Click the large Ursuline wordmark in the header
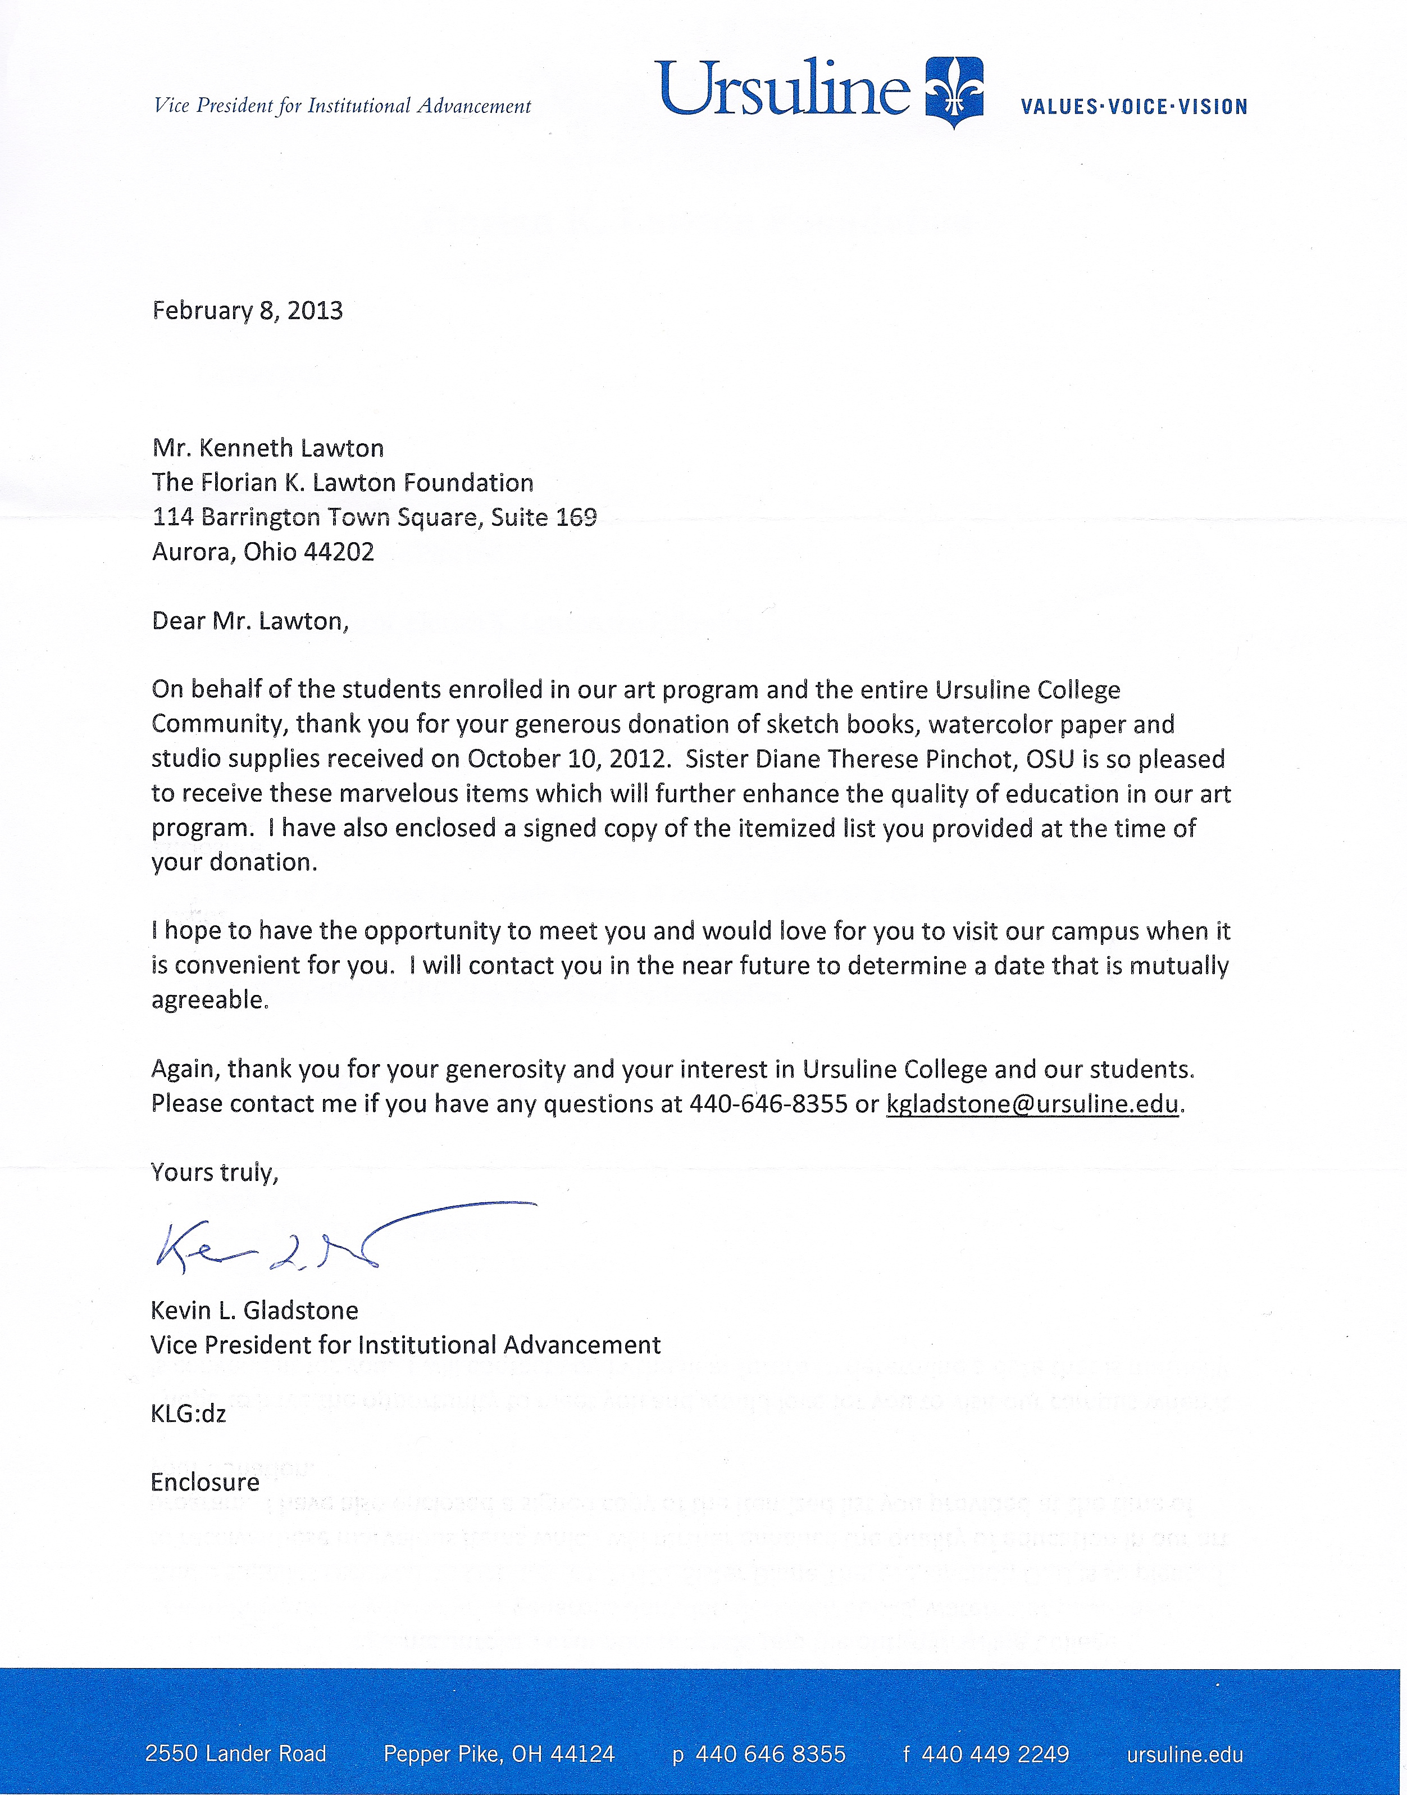pos(782,88)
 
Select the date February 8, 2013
pos(247,311)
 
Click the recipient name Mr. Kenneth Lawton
pos(268,448)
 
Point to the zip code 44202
pos(339,551)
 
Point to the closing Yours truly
pos(214,1173)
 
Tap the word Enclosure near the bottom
pos(205,1483)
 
